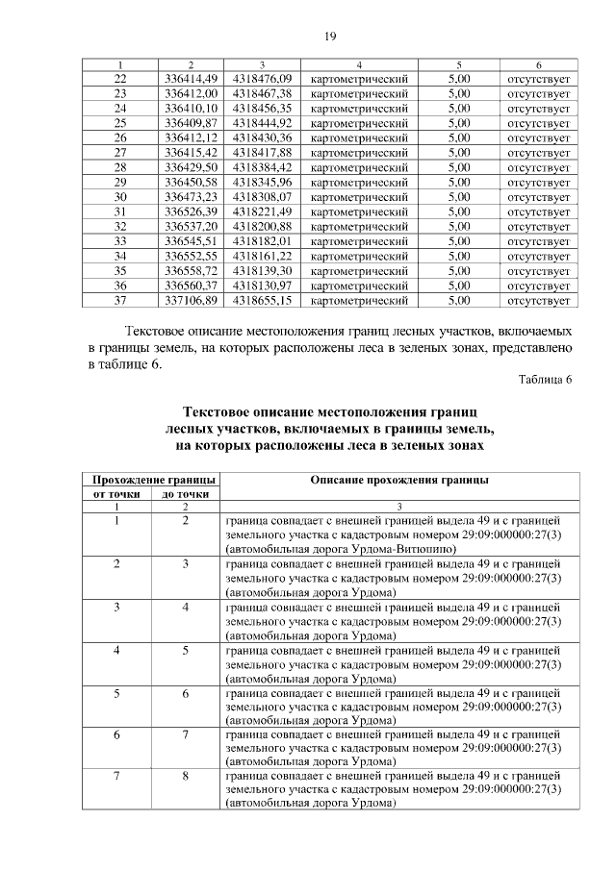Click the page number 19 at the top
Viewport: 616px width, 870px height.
point(329,37)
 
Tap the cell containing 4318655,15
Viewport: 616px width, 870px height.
point(263,301)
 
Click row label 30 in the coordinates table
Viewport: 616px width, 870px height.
point(120,196)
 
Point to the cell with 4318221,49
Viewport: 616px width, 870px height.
point(263,211)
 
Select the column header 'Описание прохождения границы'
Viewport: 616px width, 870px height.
point(398,480)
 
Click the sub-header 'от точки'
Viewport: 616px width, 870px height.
point(116,494)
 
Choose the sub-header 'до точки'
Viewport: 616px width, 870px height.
point(186,494)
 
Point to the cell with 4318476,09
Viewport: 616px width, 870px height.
point(263,78)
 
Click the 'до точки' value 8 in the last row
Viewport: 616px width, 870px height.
point(186,775)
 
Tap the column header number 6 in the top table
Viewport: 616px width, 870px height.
point(538,64)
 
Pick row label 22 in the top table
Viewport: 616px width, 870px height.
point(120,78)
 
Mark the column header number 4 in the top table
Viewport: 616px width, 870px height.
point(359,64)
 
